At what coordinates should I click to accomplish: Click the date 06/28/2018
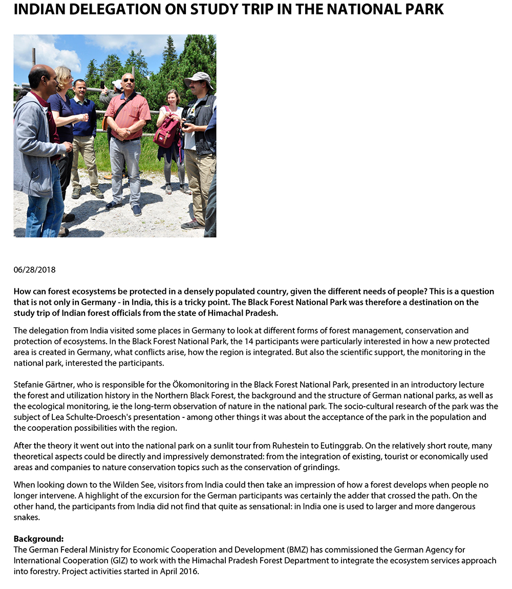coord(34,270)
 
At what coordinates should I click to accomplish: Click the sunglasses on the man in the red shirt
coord(129,80)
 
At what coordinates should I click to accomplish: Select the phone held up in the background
coord(102,85)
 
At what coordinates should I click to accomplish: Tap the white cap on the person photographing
coord(118,83)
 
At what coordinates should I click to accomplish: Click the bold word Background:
coord(38,539)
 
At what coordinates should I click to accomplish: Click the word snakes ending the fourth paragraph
coord(26,517)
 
